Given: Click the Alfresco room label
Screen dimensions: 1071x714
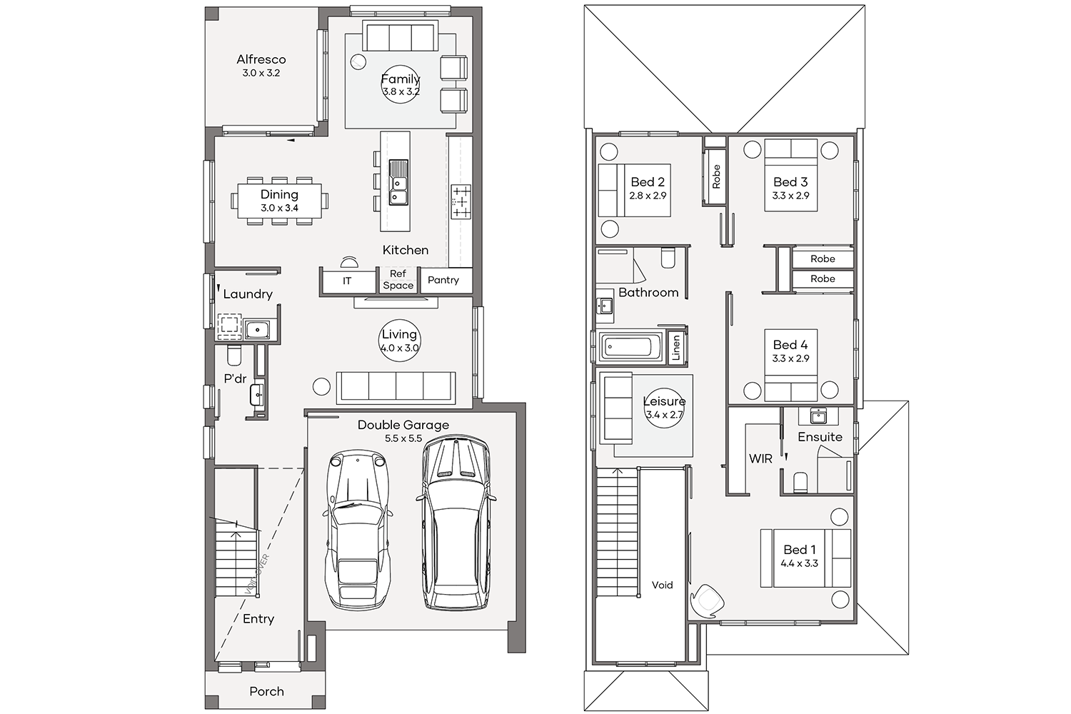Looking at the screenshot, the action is click(261, 59).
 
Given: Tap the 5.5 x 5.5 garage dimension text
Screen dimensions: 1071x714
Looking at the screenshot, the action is click(403, 438).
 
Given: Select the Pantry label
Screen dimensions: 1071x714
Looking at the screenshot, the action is click(443, 280).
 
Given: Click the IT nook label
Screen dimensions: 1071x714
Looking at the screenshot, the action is click(346, 281).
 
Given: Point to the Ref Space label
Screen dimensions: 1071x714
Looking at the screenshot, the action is click(398, 280).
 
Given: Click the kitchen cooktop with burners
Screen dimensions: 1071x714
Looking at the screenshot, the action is click(461, 201).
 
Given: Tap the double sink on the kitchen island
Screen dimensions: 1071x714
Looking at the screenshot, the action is click(398, 182).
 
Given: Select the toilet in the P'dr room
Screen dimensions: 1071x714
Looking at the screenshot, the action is click(234, 355).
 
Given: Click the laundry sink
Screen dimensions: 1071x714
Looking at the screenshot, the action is click(257, 329).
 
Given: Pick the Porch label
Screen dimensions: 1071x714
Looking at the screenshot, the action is click(266, 692).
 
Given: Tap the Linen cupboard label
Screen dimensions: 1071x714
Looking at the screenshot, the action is click(676, 348).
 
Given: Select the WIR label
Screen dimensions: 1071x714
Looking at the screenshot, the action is click(760, 458).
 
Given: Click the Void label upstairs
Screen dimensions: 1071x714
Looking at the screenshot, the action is click(662, 585).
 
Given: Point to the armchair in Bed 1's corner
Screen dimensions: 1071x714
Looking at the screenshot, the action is click(707, 601).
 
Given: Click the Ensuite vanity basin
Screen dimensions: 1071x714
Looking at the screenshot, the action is click(818, 416).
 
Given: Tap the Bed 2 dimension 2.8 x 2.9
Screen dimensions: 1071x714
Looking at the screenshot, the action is click(648, 196).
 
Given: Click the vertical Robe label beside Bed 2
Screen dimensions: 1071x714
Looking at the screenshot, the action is click(716, 176).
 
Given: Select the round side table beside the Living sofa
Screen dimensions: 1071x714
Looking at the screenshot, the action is click(321, 386).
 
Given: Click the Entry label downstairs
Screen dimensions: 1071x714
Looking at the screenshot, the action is click(258, 619).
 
